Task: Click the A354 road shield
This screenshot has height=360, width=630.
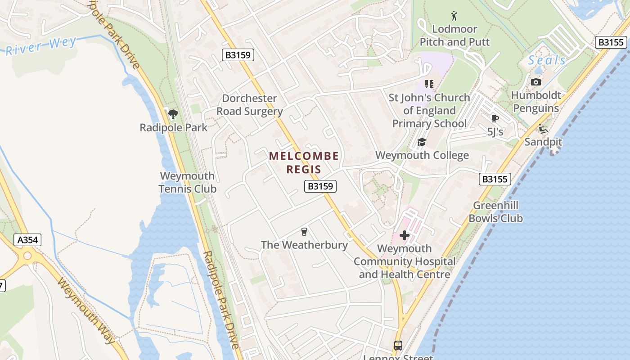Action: point(27,240)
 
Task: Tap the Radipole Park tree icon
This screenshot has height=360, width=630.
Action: point(173,114)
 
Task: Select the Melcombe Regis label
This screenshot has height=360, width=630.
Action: point(304,162)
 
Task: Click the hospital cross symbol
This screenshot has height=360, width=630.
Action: point(404,235)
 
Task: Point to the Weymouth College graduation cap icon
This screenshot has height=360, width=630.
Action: point(421,142)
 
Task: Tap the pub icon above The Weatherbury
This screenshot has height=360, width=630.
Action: point(304,232)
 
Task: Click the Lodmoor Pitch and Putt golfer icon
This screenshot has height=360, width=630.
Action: point(454,16)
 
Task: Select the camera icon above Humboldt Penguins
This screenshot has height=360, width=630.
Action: point(535,82)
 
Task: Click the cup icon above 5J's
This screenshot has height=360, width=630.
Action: point(495,119)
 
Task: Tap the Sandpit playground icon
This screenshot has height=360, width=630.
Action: point(543,129)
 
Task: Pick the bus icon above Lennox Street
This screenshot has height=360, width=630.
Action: point(398,346)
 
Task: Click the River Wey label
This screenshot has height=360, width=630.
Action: point(40,46)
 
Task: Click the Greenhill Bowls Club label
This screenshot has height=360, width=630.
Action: point(495,212)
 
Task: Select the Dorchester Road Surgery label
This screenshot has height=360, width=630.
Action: point(249,105)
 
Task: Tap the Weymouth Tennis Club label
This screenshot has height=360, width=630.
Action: point(188,182)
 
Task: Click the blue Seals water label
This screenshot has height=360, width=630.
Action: point(547,60)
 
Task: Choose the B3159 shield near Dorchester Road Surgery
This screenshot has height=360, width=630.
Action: point(238,55)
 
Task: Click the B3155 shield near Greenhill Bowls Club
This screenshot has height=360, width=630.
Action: point(495,179)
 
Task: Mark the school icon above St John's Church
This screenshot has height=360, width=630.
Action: point(429,84)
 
